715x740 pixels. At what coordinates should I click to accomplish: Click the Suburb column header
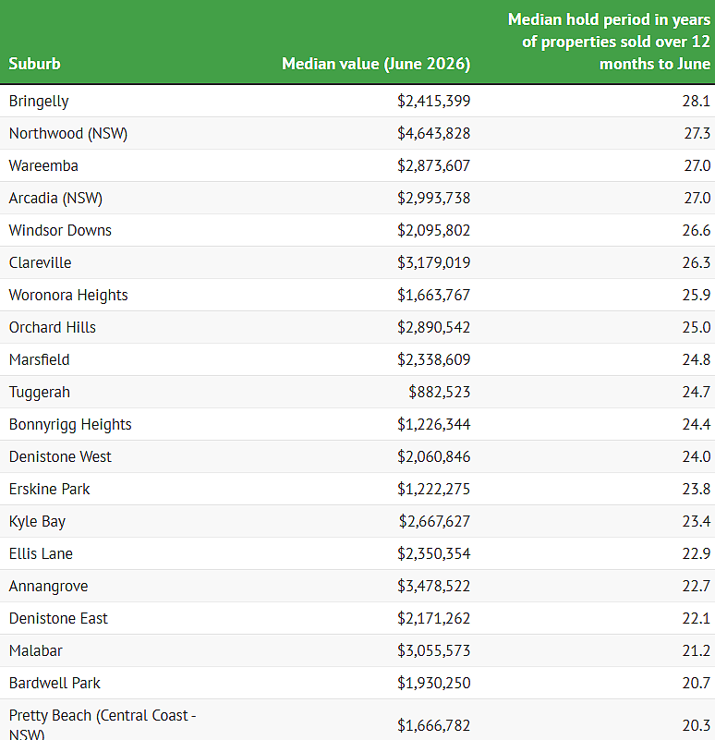coord(34,64)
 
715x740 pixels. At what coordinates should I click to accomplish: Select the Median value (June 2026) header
coord(376,64)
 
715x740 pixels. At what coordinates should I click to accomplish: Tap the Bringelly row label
coord(39,102)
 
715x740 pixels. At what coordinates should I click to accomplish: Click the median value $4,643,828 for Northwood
coord(434,134)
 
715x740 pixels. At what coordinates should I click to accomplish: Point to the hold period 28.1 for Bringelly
coord(697,101)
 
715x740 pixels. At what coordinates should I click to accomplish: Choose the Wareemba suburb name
coord(43,165)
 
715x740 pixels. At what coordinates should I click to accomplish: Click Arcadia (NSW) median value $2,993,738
coord(434,199)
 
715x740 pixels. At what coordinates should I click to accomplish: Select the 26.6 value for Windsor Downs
coord(697,230)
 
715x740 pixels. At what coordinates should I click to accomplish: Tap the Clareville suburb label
coord(40,262)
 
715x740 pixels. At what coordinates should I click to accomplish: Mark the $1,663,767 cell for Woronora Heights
coord(434,296)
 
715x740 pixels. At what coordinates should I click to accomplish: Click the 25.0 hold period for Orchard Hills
coord(697,328)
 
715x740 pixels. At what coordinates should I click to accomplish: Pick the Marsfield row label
coord(39,359)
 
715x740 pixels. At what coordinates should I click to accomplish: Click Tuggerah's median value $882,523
coord(440,393)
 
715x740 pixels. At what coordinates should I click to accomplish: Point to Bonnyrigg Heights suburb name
coord(70,425)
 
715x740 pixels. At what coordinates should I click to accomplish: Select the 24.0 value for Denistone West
coord(697,456)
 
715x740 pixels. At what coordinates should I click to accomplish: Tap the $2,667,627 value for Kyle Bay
coord(435,521)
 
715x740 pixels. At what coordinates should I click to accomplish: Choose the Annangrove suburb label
coord(49,587)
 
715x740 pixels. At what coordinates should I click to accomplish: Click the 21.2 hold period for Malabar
coord(697,650)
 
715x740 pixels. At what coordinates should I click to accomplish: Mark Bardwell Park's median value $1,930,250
coord(434,684)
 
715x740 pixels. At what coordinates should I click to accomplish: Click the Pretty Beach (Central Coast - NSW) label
coord(103,724)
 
